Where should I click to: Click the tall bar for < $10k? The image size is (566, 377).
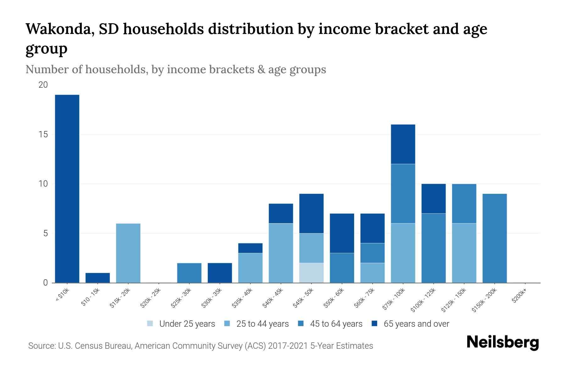(x=67, y=188)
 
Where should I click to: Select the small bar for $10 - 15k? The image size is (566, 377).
(x=97, y=278)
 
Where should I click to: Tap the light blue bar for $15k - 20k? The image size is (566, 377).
(x=128, y=253)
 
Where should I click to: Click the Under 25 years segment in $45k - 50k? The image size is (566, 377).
(x=311, y=273)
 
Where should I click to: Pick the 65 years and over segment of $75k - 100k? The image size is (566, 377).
(x=403, y=144)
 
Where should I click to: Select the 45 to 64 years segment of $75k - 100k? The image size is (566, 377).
(x=403, y=194)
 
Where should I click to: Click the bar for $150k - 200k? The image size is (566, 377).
(x=495, y=238)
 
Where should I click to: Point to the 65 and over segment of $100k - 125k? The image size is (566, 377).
(x=433, y=199)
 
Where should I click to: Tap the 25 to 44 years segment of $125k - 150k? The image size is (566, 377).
(x=464, y=253)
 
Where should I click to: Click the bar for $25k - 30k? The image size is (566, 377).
(x=189, y=273)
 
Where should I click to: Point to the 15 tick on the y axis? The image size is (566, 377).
(x=43, y=134)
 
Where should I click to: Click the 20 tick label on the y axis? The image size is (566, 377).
(x=43, y=85)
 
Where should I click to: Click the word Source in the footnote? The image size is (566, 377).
(x=41, y=346)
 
